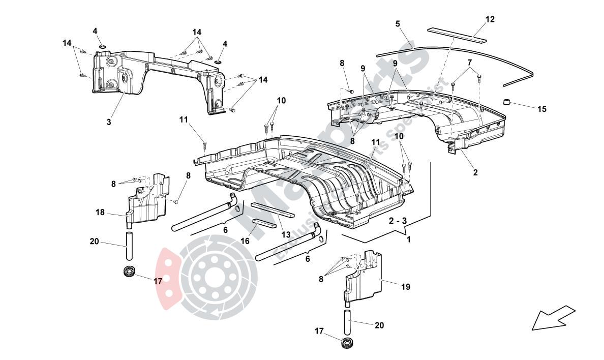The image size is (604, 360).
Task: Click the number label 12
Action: tap(490, 19)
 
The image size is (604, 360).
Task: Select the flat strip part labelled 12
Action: tap(457, 34)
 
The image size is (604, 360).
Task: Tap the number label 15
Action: tap(542, 109)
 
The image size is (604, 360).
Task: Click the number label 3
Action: tap(109, 122)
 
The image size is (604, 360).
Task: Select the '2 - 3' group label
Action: tap(398, 222)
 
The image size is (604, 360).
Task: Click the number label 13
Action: tap(286, 234)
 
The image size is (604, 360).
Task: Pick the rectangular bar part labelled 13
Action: tap(272, 210)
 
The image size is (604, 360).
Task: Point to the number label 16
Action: tap(245, 242)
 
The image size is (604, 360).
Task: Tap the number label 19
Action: tap(405, 287)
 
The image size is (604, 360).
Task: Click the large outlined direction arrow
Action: tap(553, 318)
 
